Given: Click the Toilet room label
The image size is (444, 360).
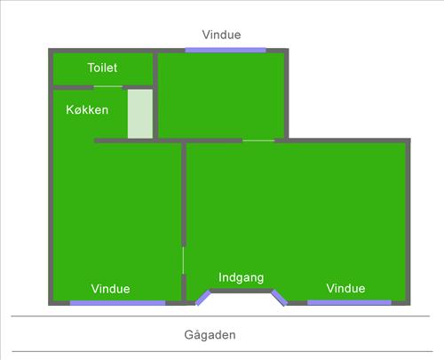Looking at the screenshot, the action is tap(102, 68).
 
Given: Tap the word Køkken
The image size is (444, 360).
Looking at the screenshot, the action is tap(87, 110).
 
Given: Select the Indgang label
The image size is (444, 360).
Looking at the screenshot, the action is tap(242, 277).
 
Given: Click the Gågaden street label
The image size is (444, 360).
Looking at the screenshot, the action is tap(210, 335).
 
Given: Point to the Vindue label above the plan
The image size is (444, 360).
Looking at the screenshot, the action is tap(221, 35).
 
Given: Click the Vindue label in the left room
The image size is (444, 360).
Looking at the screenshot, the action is tap(110, 289).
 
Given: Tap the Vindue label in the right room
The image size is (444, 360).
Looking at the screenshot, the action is tap(345, 288).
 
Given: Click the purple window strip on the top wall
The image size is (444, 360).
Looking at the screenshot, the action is tap(226, 50).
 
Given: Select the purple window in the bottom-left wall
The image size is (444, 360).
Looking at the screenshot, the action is tap(117, 303).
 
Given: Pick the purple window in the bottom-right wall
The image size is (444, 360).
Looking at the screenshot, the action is tap(349, 302).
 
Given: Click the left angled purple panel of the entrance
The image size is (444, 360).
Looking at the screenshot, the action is tap(203, 298).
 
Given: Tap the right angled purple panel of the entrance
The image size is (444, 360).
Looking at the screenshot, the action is tap(280, 298).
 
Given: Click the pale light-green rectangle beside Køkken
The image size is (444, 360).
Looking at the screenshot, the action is tap(140, 114).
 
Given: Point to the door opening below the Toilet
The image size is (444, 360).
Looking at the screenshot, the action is tap(108, 87).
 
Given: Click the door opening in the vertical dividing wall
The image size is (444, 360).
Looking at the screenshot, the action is tap(184, 260).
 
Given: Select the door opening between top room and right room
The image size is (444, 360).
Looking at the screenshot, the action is tap(258, 140).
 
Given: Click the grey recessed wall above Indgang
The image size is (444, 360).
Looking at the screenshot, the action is tap(242, 291).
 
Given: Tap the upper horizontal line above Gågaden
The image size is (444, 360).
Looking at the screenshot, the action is tap(220, 316).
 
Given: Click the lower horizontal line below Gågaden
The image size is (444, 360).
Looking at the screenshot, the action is tap(222, 351).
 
